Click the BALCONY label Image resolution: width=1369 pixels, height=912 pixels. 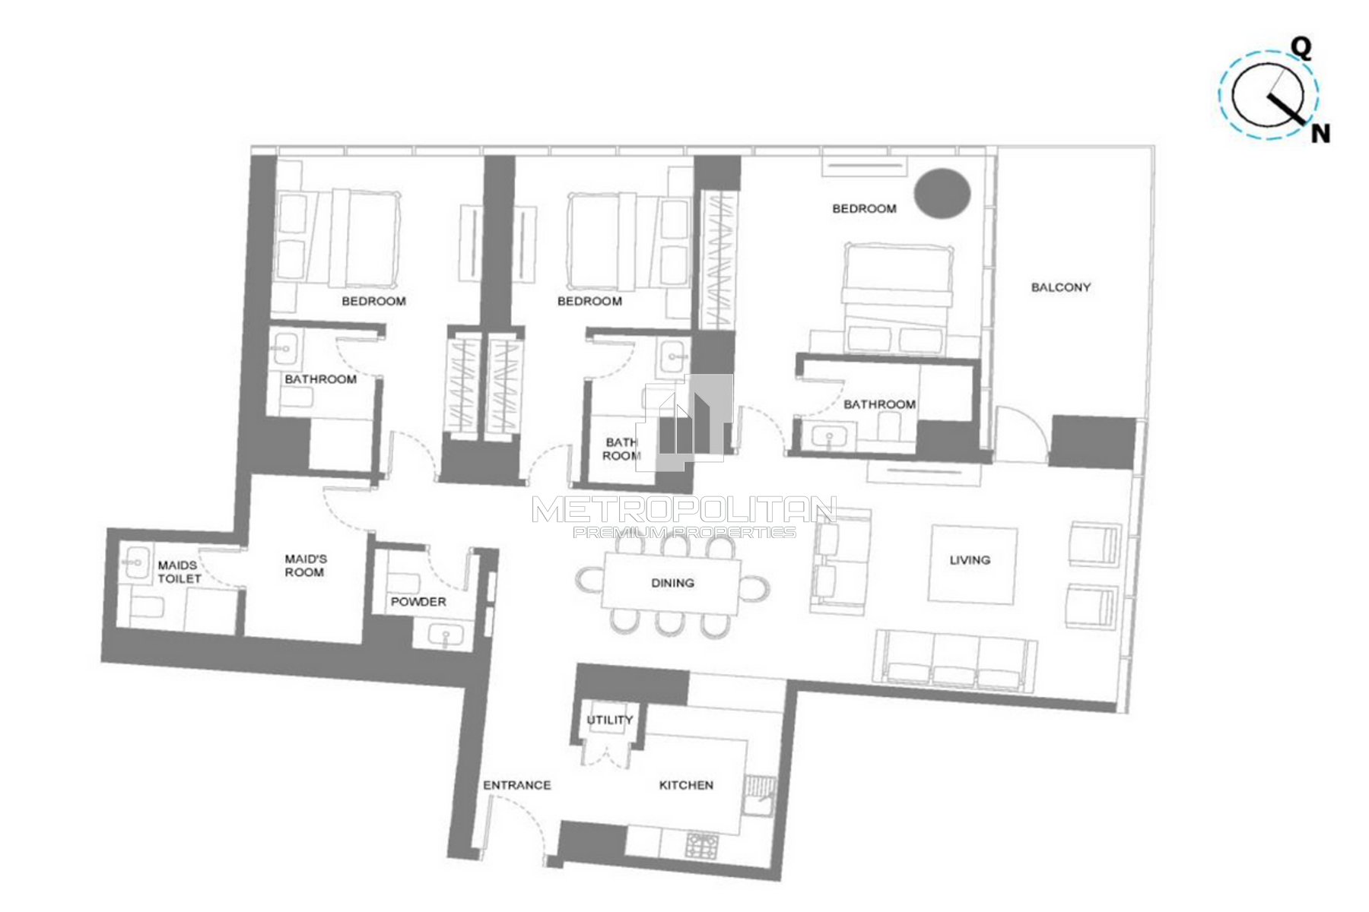click(x=1061, y=287)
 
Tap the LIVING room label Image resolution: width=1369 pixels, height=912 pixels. click(x=970, y=560)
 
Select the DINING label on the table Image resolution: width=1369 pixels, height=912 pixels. click(x=672, y=583)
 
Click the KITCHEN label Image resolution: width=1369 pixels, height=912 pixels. click(x=686, y=785)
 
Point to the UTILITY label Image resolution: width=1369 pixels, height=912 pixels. click(x=610, y=720)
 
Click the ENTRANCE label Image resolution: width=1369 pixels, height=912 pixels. click(x=517, y=785)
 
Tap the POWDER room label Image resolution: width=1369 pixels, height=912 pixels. click(x=418, y=602)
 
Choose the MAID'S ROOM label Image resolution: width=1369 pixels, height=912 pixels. click(x=305, y=565)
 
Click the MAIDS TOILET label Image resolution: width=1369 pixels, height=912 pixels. click(x=179, y=572)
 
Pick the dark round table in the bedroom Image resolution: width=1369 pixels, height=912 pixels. click(x=942, y=193)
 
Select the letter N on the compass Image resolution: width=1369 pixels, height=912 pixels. click(x=1320, y=134)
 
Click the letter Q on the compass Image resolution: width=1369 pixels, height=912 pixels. click(x=1302, y=49)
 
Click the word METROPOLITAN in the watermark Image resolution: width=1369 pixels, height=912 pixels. click(x=684, y=509)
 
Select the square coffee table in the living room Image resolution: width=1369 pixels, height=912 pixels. click(x=973, y=564)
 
